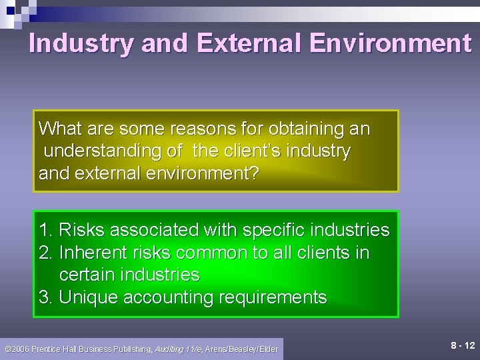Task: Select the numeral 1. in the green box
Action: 46,231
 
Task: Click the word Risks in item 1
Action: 79,231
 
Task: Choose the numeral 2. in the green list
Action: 46,253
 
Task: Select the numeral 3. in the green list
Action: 46,297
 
